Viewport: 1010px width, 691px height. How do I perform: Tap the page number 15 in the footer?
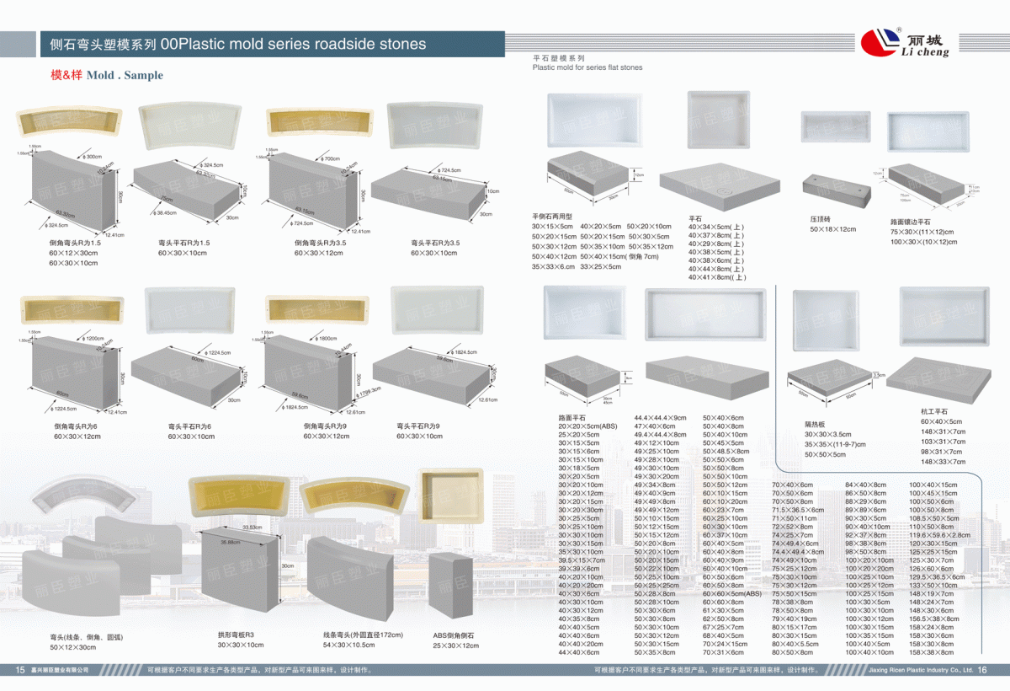click(x=20, y=670)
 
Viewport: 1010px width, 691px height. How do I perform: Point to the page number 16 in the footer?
click(x=981, y=670)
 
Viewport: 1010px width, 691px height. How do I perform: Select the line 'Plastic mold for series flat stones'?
click(x=587, y=67)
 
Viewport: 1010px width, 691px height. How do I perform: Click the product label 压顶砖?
click(x=821, y=219)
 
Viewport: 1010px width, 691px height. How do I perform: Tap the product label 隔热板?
click(x=816, y=424)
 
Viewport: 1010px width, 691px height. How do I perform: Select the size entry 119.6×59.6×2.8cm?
click(x=939, y=534)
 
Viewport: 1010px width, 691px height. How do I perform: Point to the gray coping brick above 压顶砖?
click(x=836, y=190)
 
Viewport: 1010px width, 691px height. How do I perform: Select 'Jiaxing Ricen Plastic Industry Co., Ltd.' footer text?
click(x=920, y=670)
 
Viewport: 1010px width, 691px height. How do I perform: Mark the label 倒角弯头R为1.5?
click(x=76, y=243)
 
